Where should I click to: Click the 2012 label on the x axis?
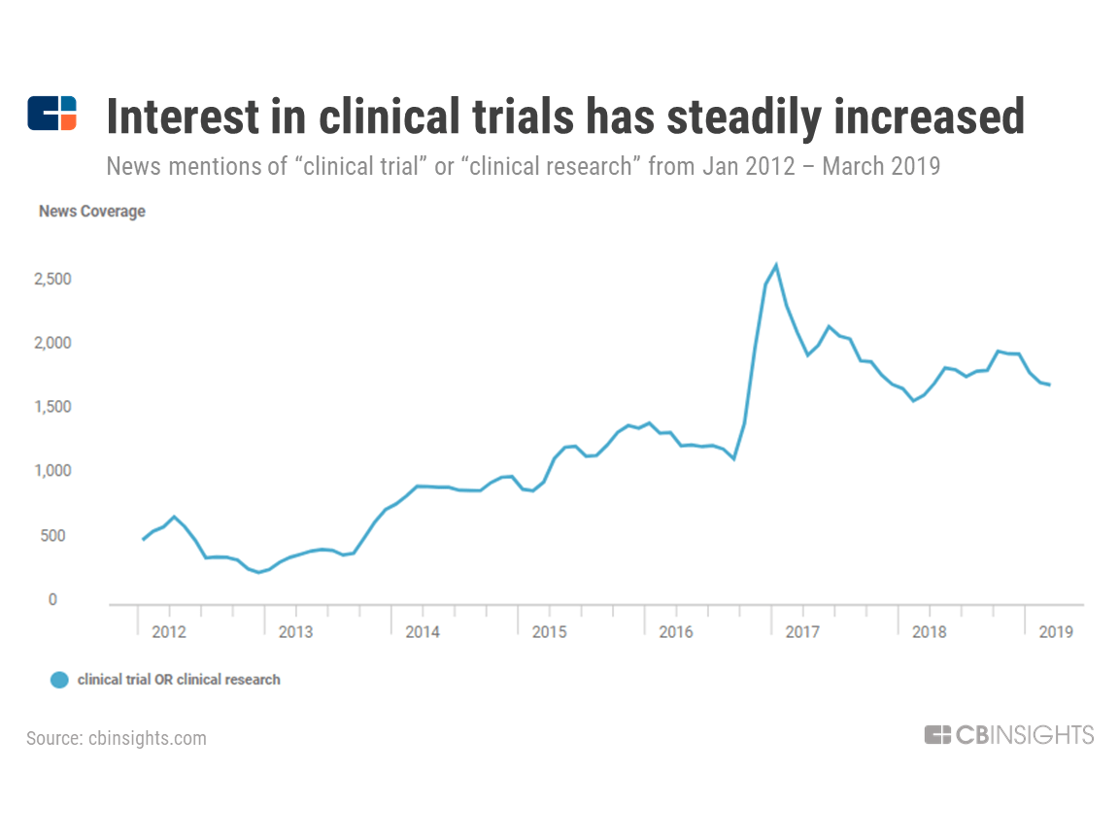169,632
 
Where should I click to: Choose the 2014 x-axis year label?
423,632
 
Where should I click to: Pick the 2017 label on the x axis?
802,632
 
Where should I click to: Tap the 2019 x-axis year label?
1056,632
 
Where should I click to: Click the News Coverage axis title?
91,212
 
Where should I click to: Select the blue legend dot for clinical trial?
60,680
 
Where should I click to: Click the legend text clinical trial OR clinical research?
179,680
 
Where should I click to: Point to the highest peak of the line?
775,265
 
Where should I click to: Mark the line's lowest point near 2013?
258,573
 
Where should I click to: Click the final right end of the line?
1049,386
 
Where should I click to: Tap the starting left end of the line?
143,539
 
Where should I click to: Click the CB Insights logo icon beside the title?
51,114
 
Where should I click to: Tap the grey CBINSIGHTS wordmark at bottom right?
1009,735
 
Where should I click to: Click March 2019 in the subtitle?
881,166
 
